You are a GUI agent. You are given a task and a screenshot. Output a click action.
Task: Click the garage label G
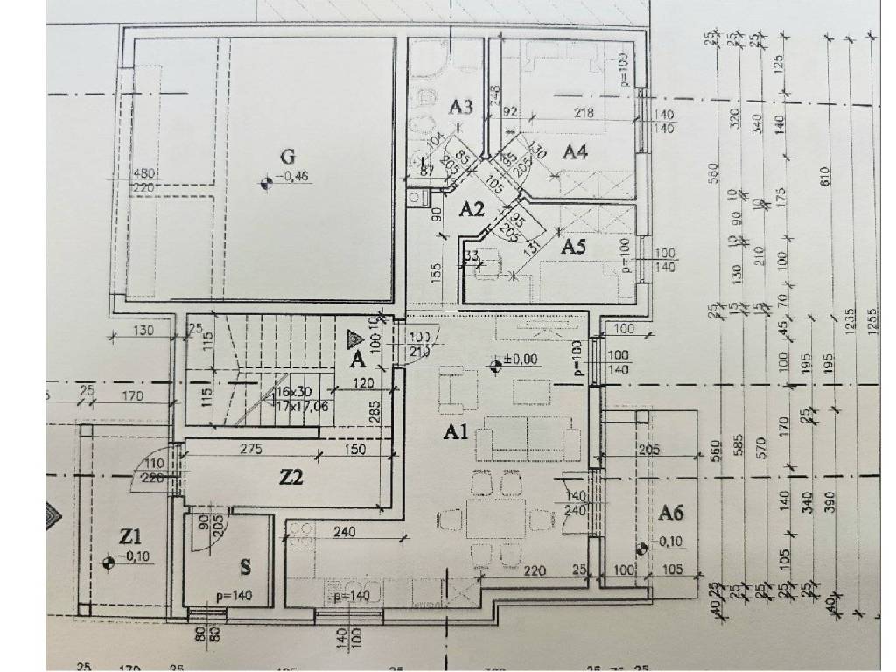(x=286, y=157)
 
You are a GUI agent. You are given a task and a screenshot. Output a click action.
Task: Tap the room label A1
(x=456, y=431)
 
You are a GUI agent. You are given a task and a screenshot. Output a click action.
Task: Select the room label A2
(x=472, y=208)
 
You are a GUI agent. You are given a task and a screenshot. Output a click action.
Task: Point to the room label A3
(x=461, y=107)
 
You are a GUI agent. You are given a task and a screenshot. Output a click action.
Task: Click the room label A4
(x=574, y=151)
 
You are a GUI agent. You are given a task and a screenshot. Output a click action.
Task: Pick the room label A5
(x=573, y=247)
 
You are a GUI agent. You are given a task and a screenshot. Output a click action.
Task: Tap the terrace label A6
(x=671, y=512)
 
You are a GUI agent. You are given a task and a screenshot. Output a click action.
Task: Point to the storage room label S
(x=246, y=566)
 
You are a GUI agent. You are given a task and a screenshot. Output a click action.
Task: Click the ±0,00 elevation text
(x=522, y=359)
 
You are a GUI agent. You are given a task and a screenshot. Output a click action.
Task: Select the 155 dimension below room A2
(x=436, y=271)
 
